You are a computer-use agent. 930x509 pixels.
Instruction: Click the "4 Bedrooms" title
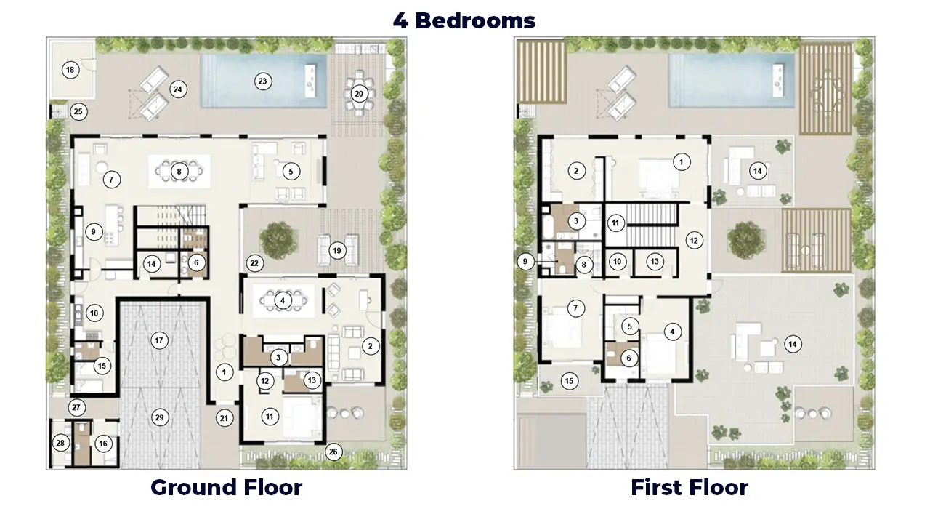coord(464,20)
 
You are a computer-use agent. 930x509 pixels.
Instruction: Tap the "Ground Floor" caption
coord(226,487)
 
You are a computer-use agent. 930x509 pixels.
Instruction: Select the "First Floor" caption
coord(689,487)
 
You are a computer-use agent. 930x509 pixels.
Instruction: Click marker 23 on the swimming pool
coord(263,81)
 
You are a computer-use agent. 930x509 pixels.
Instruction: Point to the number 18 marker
coord(70,71)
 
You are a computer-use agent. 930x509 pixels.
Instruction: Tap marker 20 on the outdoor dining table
coord(359,94)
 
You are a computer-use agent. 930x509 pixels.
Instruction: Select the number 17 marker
coord(159,340)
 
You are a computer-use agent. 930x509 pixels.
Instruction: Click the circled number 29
coord(159,417)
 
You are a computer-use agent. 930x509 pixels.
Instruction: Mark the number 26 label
coord(333,452)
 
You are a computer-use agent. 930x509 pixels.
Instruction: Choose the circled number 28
coord(61,443)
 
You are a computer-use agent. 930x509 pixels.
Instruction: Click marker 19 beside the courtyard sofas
coord(336,251)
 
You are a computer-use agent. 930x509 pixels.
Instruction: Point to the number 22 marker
coord(254,262)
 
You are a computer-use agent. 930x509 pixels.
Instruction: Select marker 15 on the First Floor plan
coord(570,380)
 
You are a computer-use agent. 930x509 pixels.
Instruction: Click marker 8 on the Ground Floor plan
coord(179,172)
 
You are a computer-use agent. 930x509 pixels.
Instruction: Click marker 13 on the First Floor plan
coord(655,261)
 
